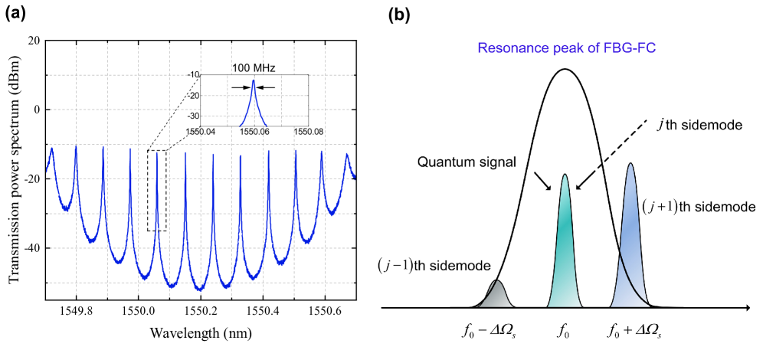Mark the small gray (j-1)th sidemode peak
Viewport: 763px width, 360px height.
497,295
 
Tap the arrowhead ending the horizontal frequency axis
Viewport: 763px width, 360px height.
745,308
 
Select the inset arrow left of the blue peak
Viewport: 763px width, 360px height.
240,87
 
